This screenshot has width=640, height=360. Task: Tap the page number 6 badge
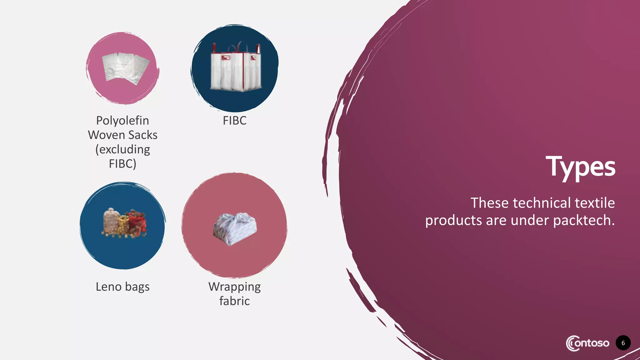pyautogui.click(x=623, y=343)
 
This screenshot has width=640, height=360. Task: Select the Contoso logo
pyautogui.click(x=587, y=343)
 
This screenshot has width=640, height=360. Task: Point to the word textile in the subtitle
pyautogui.click(x=595, y=203)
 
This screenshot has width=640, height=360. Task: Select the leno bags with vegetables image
pyautogui.click(x=124, y=223)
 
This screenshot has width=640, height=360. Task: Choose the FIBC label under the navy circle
pyautogui.click(x=234, y=121)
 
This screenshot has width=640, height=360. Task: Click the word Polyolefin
pyautogui.click(x=122, y=121)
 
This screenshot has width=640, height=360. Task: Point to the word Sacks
pyautogui.click(x=142, y=135)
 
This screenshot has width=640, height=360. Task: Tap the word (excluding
pyautogui.click(x=122, y=149)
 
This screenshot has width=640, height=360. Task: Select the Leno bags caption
pyautogui.click(x=122, y=287)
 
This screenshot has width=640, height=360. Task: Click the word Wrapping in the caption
pyautogui.click(x=234, y=287)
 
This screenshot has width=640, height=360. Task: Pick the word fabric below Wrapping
pyautogui.click(x=234, y=301)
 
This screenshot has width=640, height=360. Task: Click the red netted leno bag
pyautogui.click(x=137, y=222)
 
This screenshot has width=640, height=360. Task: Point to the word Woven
pyautogui.click(x=106, y=135)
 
